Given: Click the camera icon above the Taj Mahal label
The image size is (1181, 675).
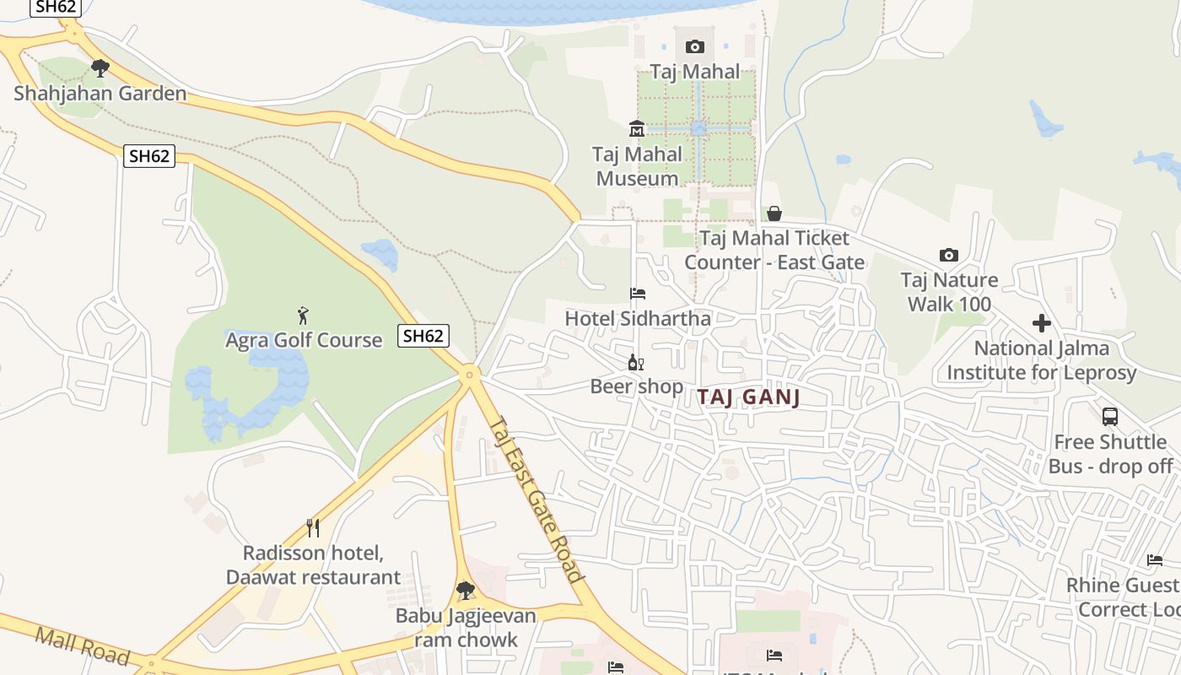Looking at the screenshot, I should point(694,46).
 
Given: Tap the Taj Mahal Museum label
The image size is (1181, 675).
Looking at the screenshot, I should point(637,166).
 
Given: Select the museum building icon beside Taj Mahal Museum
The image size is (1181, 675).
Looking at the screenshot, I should point(637,129).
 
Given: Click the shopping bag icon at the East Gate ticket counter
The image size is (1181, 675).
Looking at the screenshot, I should point(774,213).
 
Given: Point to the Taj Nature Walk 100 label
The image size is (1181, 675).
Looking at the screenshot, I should point(949,292).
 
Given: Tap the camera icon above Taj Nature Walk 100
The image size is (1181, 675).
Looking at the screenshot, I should point(949,255).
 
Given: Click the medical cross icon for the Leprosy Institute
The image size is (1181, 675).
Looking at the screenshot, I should point(1042,323).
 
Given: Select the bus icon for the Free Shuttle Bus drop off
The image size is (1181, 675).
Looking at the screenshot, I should point(1110,416).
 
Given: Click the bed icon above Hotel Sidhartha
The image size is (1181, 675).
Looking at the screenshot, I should point(638,294).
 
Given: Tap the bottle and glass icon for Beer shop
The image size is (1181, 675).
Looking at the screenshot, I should point(636,363).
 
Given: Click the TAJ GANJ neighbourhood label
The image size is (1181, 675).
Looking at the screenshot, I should point(748,397).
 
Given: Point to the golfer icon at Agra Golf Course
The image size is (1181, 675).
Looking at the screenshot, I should point(303,316).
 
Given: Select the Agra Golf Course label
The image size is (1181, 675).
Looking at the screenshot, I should point(304,340).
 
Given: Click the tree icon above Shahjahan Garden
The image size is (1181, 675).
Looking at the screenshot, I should point(100,68).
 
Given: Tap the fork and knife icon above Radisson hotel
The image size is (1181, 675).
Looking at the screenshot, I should point(313,528).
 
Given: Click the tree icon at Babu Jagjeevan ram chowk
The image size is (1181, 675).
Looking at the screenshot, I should point(465,591).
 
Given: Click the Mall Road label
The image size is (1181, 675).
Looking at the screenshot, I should point(82,645).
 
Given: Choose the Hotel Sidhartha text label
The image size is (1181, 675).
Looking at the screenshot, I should point(638,319).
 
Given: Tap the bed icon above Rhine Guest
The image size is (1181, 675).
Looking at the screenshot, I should point(1154,560).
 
